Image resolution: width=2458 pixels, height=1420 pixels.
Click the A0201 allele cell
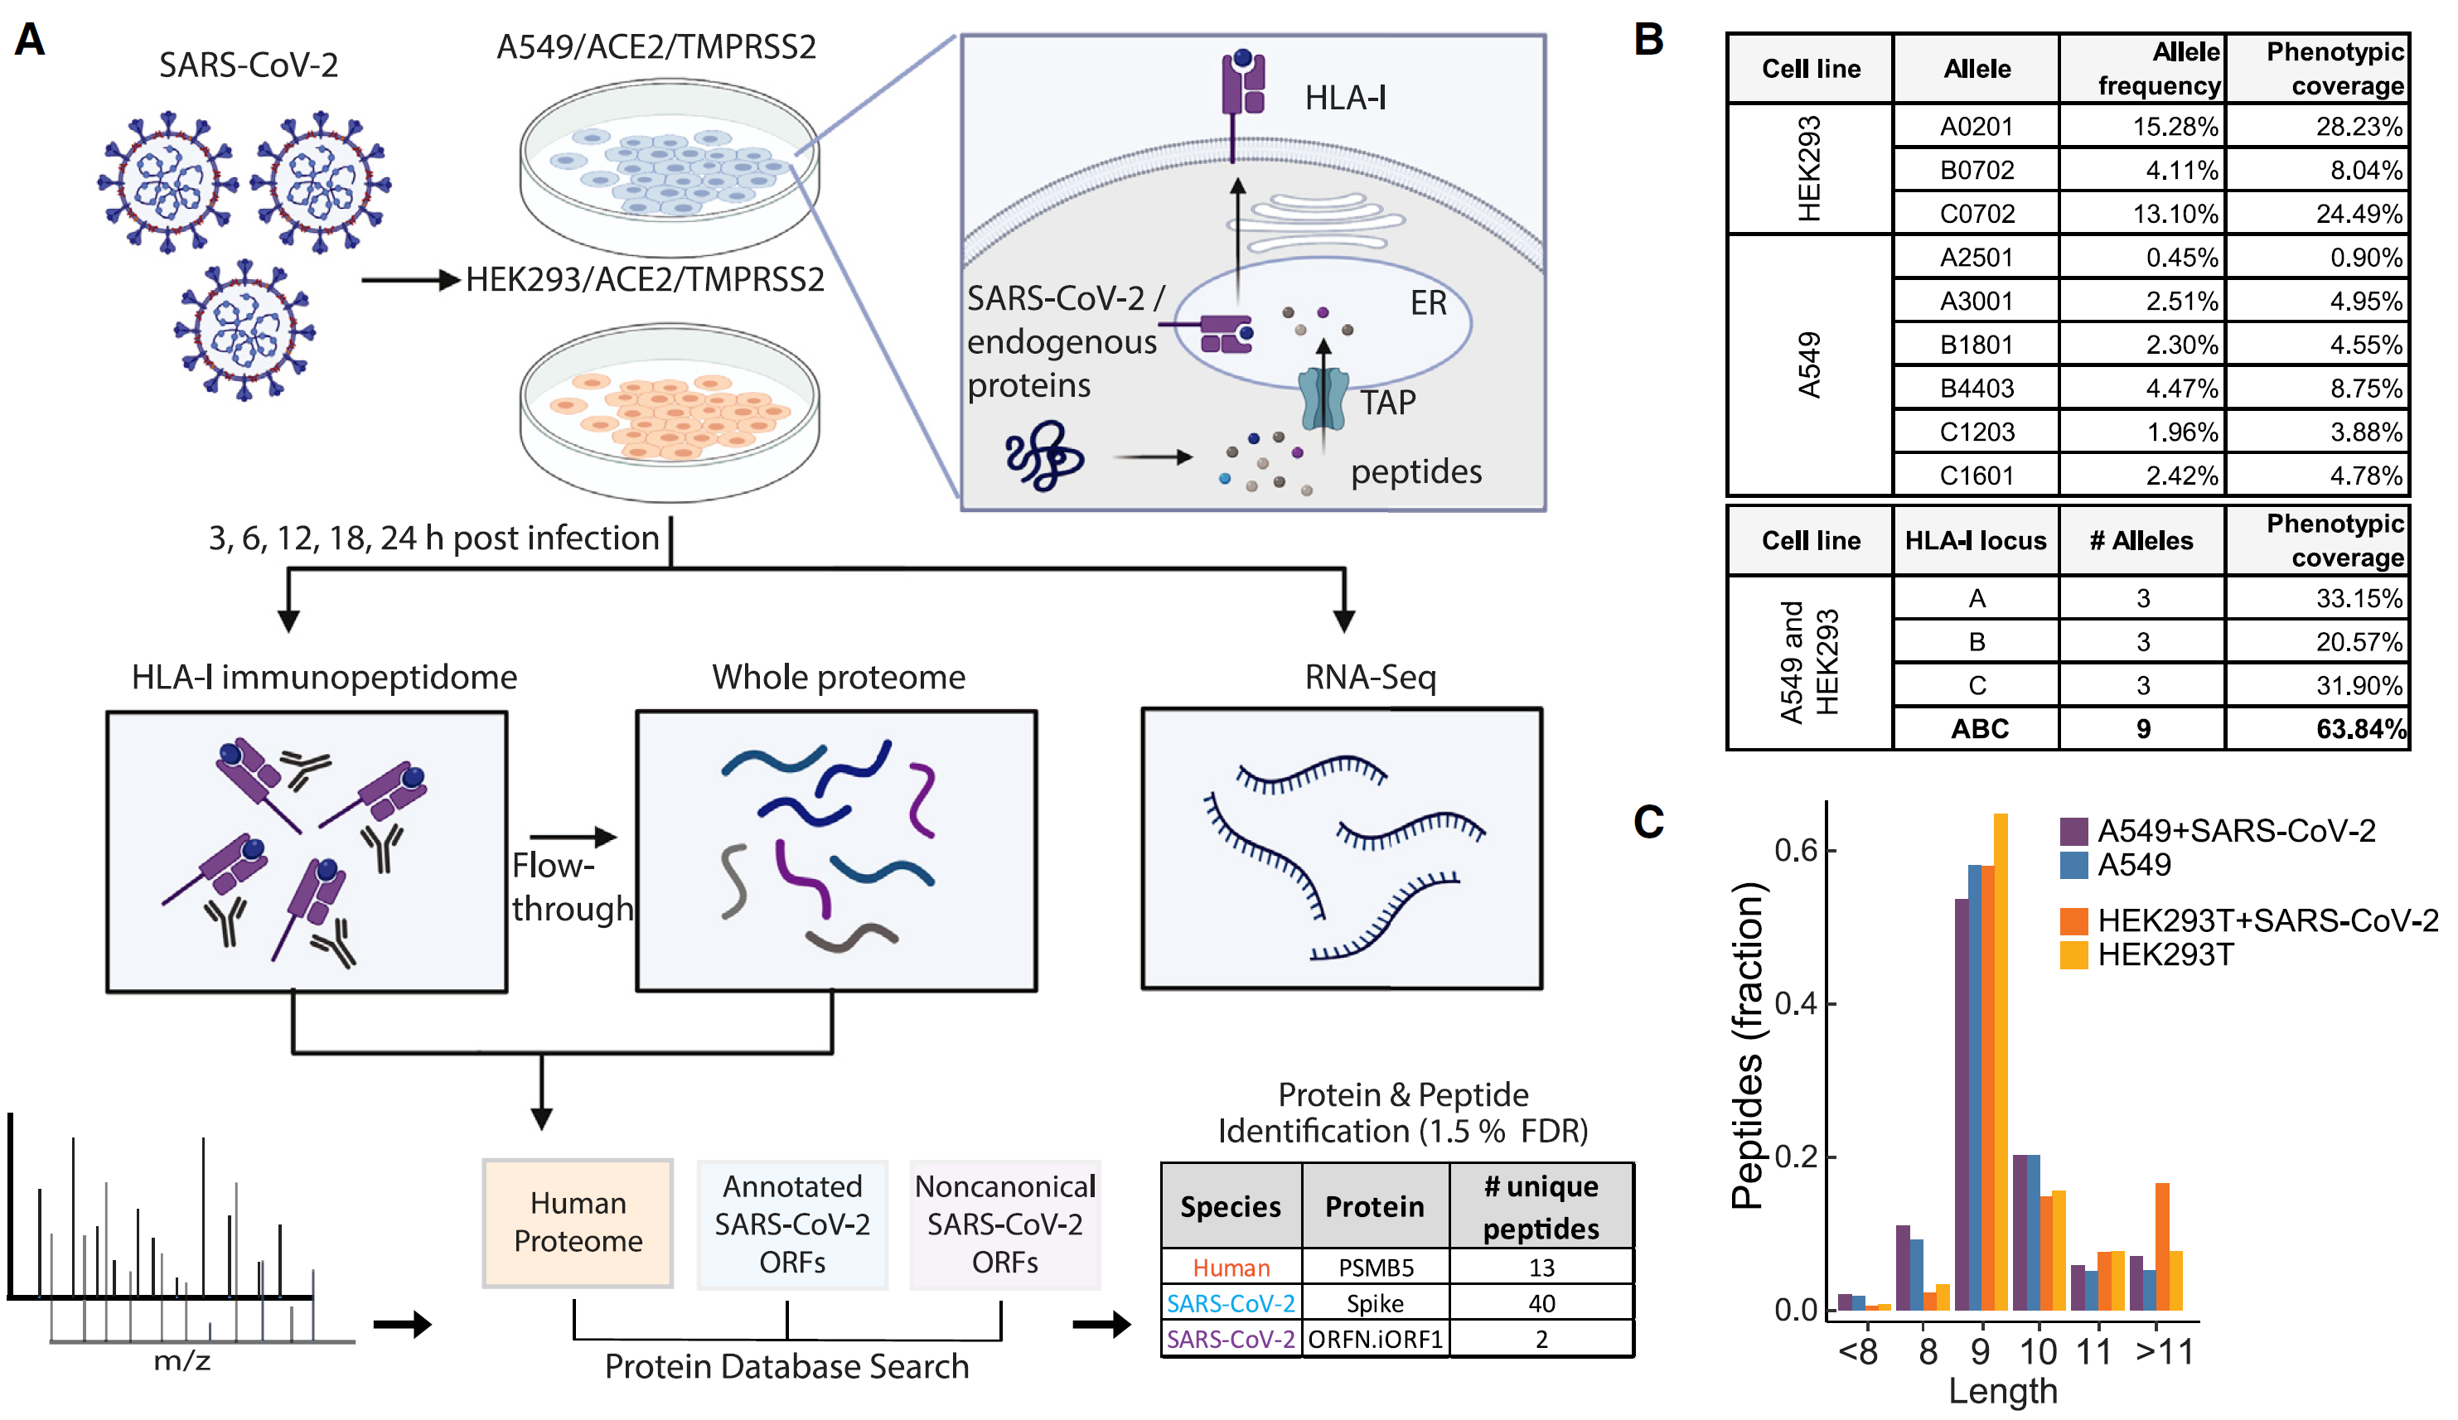click(x=1977, y=127)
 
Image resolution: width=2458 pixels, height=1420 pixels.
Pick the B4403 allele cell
click(x=1977, y=389)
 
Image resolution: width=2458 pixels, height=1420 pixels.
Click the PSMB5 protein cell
click(x=1376, y=1268)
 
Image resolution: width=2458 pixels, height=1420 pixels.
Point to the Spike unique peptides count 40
click(x=1541, y=1304)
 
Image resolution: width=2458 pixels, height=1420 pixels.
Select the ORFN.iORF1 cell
click(x=1376, y=1340)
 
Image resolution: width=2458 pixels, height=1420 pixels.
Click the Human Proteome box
click(x=578, y=1223)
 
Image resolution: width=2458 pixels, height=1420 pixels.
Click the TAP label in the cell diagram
click(x=1387, y=403)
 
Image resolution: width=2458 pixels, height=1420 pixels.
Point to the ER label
click(x=1428, y=303)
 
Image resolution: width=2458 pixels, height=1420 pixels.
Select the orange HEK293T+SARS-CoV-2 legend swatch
click(x=2073, y=920)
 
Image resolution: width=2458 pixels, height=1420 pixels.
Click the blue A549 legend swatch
click(x=2073, y=865)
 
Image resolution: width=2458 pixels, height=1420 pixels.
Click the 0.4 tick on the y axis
click(x=1795, y=1003)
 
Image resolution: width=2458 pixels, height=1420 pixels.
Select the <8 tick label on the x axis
click(x=1858, y=1353)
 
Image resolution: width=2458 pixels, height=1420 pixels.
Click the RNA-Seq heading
click(x=1371, y=678)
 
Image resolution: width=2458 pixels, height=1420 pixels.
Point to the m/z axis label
click(x=182, y=1361)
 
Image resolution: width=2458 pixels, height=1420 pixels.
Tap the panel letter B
click(x=1649, y=41)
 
